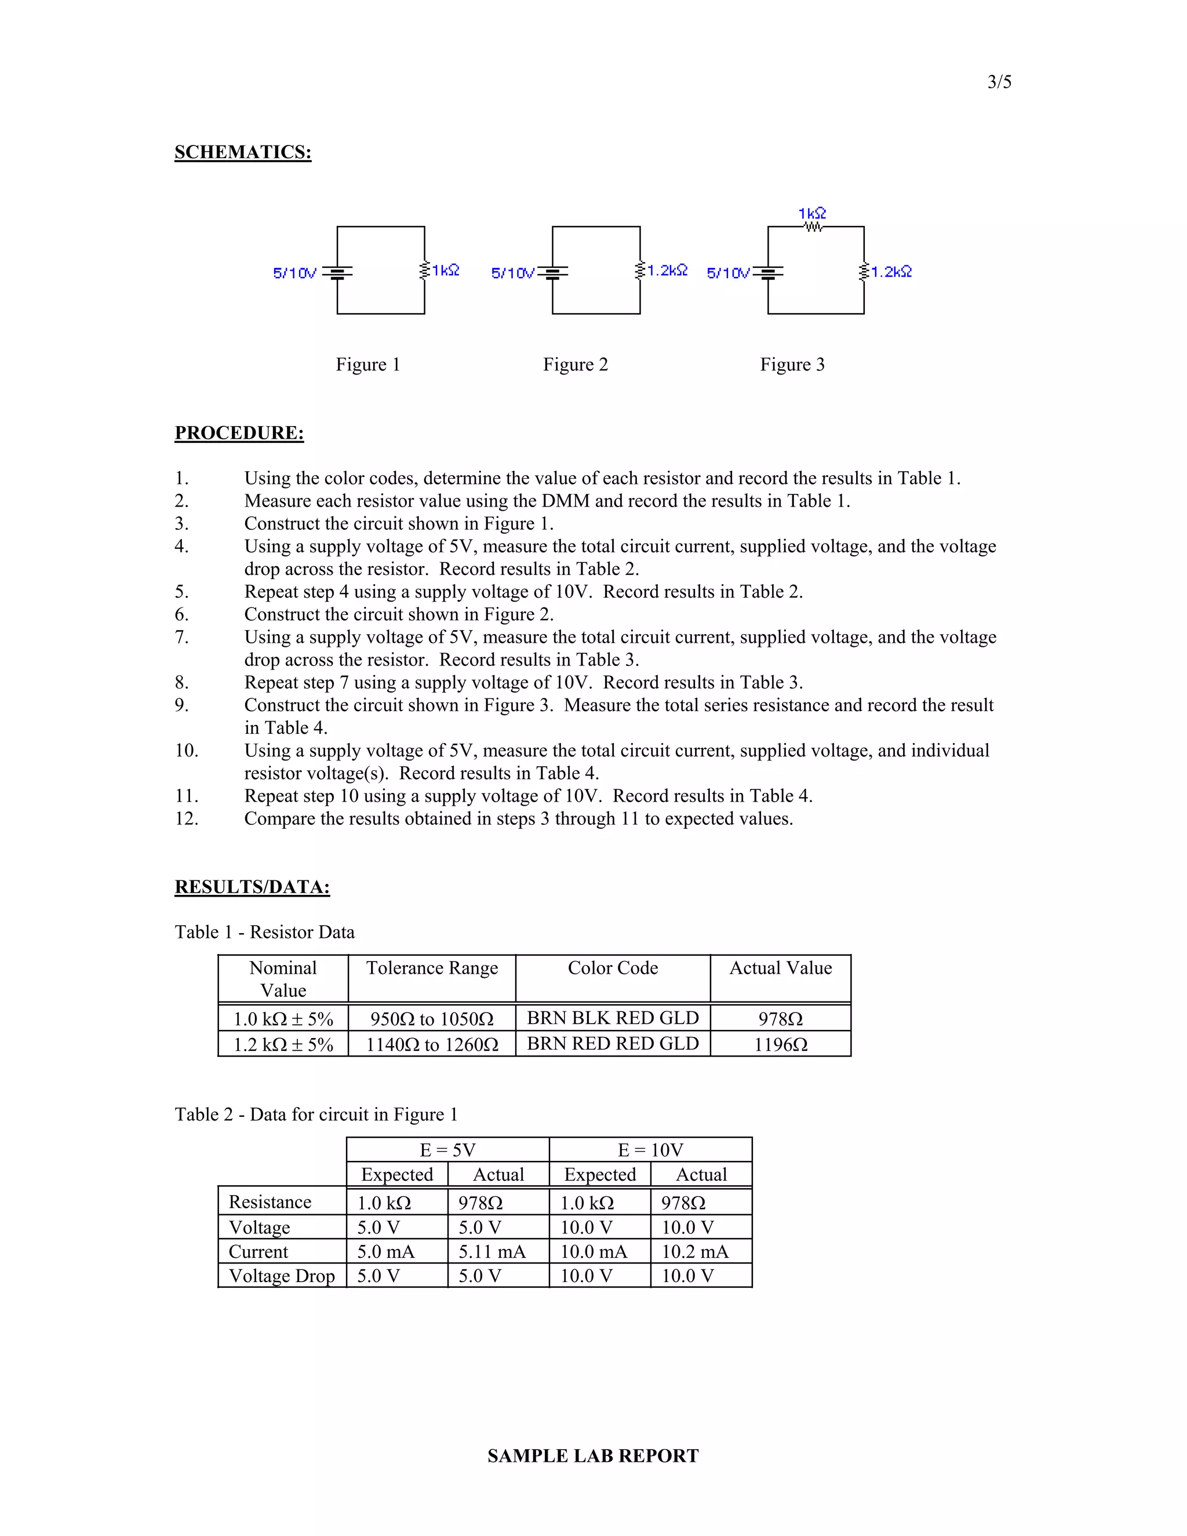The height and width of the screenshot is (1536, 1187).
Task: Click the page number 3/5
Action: point(999,82)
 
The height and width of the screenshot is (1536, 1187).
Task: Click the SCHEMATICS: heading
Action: point(243,152)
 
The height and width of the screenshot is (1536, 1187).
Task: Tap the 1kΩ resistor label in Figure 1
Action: point(445,270)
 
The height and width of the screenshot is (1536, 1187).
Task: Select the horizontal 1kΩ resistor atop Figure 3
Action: point(814,227)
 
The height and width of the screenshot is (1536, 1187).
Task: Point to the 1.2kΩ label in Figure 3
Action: point(891,271)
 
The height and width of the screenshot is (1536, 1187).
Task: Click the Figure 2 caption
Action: point(574,365)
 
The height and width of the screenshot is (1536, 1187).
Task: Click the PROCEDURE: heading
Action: point(239,432)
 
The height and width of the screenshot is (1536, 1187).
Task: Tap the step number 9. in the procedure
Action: point(181,705)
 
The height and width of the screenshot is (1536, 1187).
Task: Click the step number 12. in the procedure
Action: point(187,818)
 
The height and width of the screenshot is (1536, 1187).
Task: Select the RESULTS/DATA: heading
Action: point(252,887)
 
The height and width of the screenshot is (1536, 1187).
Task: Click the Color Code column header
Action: point(613,969)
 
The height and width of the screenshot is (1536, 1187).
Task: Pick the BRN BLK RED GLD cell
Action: point(613,1018)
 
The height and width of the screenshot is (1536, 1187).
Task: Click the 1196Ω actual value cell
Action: point(781,1044)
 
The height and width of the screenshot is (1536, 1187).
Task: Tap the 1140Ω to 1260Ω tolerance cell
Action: point(432,1044)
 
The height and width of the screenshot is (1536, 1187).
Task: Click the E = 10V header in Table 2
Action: point(650,1150)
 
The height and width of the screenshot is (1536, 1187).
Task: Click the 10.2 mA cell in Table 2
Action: point(695,1252)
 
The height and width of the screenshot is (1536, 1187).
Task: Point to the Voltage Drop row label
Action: point(281,1276)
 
